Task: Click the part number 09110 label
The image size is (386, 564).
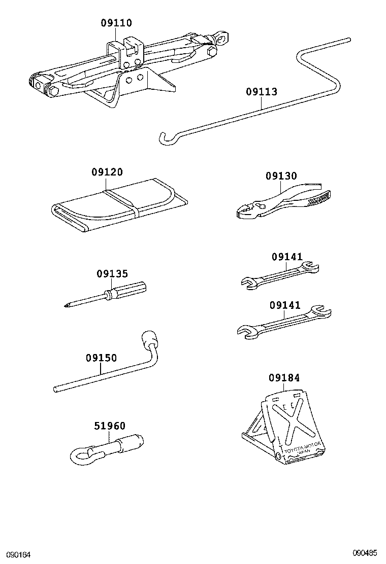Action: [116, 23]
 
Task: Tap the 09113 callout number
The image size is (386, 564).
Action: [262, 92]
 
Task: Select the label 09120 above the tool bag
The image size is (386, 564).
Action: [107, 172]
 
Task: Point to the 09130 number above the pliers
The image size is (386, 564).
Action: [281, 176]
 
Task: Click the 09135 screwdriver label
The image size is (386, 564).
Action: [112, 274]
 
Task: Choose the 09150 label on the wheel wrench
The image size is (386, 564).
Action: [101, 358]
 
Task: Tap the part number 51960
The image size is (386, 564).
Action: [109, 426]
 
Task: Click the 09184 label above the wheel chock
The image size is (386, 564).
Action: [284, 378]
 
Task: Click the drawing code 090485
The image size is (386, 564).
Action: [366, 552]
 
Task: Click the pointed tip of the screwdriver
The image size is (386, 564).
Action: [68, 305]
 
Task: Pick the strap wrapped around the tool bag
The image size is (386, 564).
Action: [122, 201]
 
